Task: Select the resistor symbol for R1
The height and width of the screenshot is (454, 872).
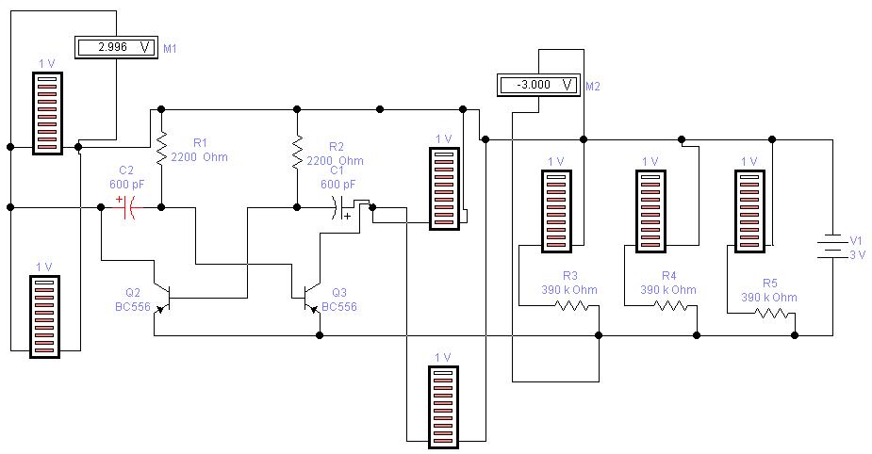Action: click(x=161, y=147)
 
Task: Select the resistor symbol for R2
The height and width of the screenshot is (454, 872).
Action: click(x=297, y=149)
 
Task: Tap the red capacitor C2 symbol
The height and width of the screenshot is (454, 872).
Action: click(x=127, y=207)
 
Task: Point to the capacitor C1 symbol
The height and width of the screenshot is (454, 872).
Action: click(x=339, y=207)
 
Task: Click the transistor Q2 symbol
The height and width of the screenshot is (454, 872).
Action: click(x=164, y=294)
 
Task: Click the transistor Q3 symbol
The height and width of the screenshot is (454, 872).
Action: click(x=310, y=294)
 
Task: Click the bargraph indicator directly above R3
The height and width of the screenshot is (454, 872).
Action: click(x=556, y=211)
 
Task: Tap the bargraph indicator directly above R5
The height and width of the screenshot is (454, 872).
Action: click(x=749, y=211)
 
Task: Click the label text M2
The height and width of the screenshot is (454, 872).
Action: click(x=593, y=86)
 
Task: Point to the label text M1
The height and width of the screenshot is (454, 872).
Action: click(x=172, y=46)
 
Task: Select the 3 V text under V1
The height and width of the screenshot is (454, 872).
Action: click(x=857, y=254)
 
